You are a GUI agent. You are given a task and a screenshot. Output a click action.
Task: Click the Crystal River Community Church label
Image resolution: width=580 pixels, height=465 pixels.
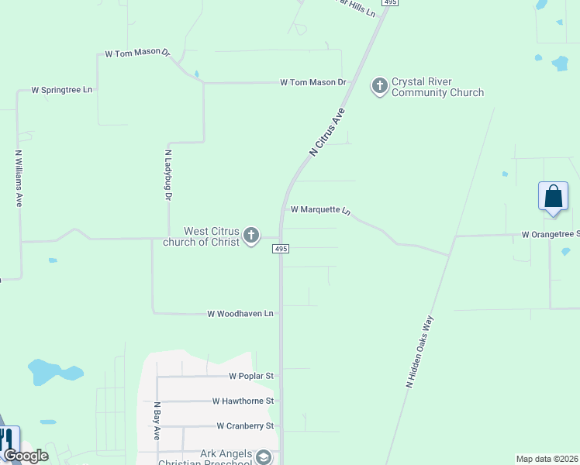click(437, 87)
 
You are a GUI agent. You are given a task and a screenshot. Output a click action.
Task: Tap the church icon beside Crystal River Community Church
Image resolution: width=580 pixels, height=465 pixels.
click(380, 85)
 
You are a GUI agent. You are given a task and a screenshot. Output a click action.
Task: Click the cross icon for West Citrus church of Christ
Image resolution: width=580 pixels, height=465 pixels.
click(250, 236)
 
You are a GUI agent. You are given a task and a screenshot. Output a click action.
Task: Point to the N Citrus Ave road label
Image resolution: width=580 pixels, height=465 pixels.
click(326, 133)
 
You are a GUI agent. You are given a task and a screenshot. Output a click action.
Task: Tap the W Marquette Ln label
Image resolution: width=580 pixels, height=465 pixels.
click(320, 210)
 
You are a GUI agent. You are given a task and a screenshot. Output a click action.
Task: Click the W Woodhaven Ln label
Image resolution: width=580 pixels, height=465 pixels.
click(240, 314)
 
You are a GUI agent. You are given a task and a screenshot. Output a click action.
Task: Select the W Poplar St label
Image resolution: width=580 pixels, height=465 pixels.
click(251, 376)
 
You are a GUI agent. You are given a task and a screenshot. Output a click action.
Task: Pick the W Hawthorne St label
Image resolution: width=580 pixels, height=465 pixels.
click(243, 401)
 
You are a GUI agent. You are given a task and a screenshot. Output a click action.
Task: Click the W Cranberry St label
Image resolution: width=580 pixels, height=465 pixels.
click(245, 426)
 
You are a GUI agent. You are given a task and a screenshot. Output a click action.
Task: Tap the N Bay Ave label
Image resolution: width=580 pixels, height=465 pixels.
click(156, 421)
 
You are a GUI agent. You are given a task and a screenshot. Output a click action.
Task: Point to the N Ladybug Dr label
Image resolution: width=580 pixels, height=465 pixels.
click(167, 176)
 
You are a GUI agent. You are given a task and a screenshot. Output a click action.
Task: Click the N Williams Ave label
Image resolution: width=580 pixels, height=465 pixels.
click(19, 178)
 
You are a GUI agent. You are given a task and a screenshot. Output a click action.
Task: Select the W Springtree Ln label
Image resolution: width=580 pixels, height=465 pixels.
click(61, 90)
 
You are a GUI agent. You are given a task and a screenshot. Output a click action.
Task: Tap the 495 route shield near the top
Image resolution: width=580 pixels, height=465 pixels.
click(390, 3)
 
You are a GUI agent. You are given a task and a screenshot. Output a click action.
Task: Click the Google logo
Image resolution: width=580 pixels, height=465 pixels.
click(25, 456)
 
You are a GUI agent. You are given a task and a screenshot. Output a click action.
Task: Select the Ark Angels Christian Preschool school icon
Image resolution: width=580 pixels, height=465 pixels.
click(264, 458)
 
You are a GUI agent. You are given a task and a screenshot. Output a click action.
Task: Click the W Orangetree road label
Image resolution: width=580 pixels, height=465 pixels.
click(550, 234)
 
